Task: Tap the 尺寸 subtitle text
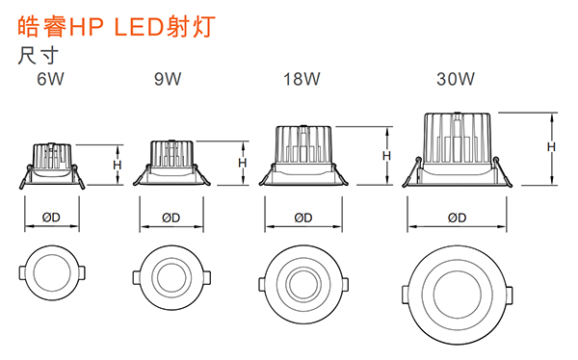35,55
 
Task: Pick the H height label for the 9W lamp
243,162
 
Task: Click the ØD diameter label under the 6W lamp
51,218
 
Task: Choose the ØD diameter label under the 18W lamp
302,218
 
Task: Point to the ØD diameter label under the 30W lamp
457,218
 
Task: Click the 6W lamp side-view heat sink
52,155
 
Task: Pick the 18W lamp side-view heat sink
304,145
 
